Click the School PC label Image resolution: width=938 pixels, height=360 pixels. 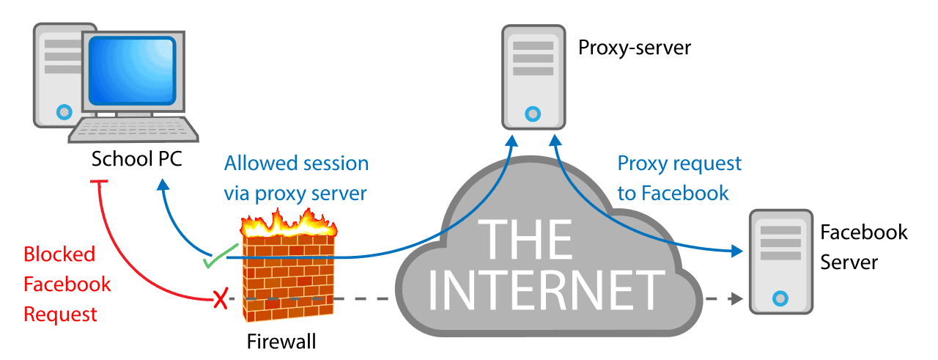point(136,159)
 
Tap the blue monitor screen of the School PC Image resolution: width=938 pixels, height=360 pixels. point(133,70)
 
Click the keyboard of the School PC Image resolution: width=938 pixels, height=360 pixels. point(133,130)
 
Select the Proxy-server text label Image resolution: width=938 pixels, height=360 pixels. point(635,48)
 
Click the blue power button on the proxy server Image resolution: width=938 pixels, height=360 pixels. point(533,114)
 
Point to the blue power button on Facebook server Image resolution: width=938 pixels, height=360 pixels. point(780,298)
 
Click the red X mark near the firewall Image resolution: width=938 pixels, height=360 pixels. point(221,298)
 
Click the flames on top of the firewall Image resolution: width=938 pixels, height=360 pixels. point(289,224)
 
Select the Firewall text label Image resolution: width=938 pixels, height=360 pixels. point(281,342)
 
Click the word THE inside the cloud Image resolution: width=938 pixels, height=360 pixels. point(525,239)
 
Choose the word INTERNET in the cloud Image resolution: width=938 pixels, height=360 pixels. point(546,290)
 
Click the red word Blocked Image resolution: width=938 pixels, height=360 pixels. point(59,254)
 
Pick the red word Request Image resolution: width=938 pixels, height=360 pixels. point(60,315)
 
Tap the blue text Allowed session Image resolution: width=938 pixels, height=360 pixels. point(297,164)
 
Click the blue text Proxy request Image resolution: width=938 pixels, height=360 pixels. point(679,164)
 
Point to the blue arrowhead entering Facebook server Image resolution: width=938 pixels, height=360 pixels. point(737,251)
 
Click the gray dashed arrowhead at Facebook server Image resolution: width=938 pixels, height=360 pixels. point(737,299)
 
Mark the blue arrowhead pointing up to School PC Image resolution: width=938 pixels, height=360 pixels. point(163,185)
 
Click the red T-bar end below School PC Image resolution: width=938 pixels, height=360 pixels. point(99,182)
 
